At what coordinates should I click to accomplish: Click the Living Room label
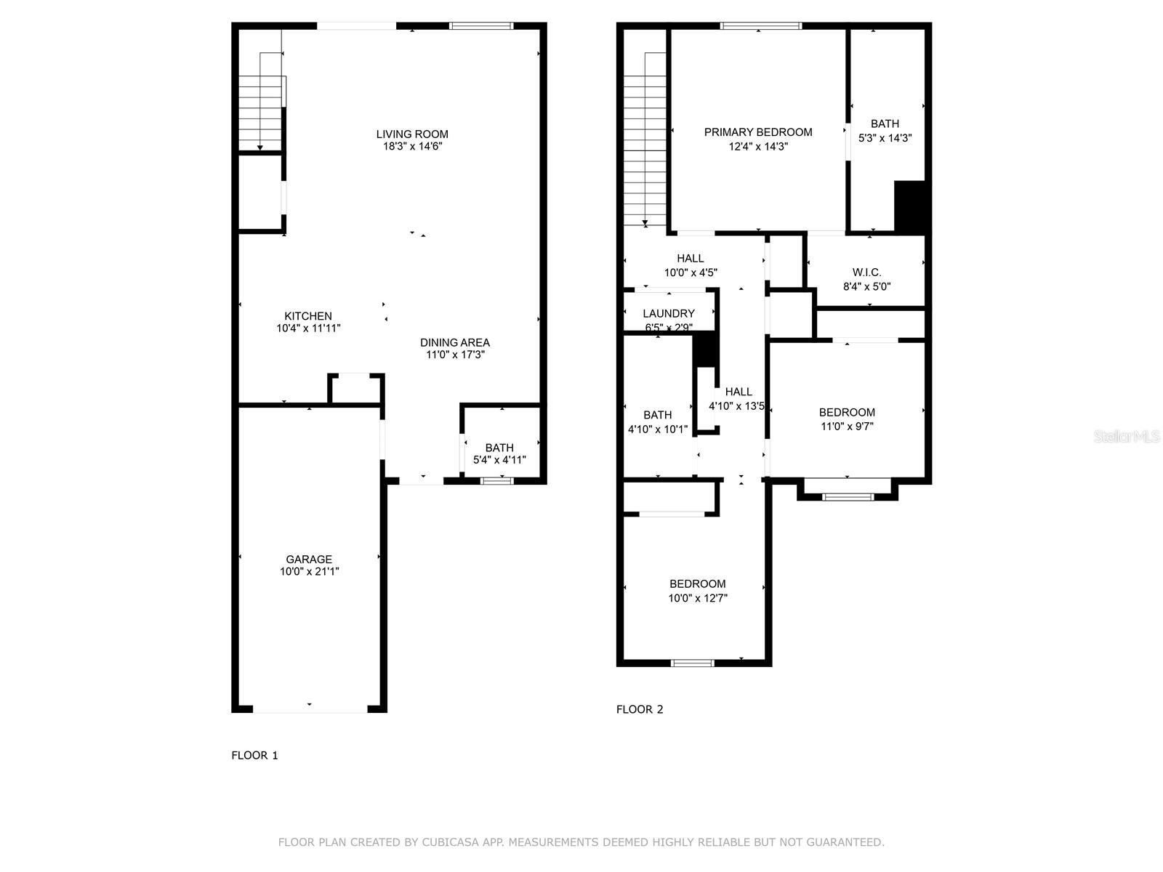click(412, 134)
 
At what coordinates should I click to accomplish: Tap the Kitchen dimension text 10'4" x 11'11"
click(308, 328)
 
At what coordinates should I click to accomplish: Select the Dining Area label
click(454, 342)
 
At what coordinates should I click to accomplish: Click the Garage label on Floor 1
click(309, 559)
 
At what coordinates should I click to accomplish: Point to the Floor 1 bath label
click(499, 448)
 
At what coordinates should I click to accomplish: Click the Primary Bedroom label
click(757, 132)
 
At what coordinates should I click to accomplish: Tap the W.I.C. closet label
click(866, 272)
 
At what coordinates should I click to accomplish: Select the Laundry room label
click(668, 313)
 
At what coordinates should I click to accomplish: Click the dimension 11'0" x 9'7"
click(847, 427)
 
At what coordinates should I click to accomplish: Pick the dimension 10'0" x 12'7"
click(697, 598)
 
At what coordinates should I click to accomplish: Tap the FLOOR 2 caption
click(640, 709)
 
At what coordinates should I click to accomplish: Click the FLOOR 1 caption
click(254, 756)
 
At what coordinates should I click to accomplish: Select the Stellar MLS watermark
click(1127, 436)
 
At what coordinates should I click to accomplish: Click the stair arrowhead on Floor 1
click(260, 148)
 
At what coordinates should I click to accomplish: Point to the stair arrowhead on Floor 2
click(645, 223)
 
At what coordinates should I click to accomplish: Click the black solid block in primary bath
click(909, 206)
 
